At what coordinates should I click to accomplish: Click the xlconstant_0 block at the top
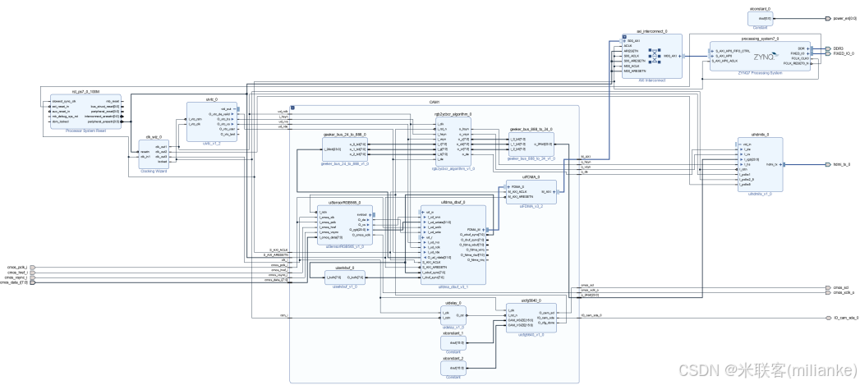point(781,17)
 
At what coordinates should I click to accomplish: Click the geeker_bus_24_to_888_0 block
point(345,148)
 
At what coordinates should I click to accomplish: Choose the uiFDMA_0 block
point(530,193)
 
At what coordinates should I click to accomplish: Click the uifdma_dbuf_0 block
point(453,244)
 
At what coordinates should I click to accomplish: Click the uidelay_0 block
point(453,315)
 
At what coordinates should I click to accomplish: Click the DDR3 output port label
point(838,48)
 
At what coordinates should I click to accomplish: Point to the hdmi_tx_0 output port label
point(841,164)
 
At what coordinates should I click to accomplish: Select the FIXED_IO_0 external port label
point(843,53)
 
